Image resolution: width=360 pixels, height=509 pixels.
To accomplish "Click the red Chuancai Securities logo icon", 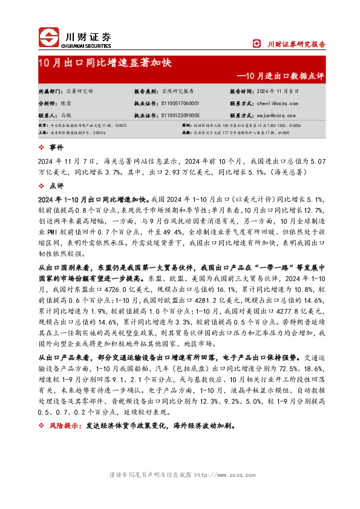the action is [50, 37].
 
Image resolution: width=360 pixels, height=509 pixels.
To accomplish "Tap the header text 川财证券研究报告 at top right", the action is [296, 44].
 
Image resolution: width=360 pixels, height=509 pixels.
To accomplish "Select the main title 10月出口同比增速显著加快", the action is [105, 63].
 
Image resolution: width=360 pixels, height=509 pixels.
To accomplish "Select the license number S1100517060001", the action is [182, 103].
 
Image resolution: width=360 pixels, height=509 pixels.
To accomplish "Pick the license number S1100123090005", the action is [182, 114].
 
